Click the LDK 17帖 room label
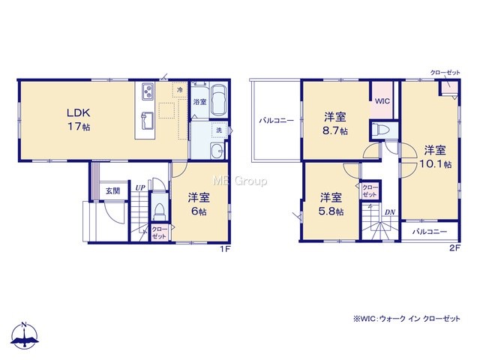(x=79, y=119)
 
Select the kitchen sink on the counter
(x=147, y=120)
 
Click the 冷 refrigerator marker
(x=180, y=90)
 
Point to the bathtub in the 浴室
(x=218, y=100)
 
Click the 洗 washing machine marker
(x=219, y=130)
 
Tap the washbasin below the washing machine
(x=217, y=151)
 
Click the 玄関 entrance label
(x=112, y=191)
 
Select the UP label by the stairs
(x=140, y=188)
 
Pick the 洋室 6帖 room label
(x=199, y=204)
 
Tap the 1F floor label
(x=225, y=249)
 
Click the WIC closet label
(x=382, y=100)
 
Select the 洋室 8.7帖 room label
(x=335, y=123)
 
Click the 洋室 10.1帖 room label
(x=435, y=157)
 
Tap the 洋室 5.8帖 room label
(x=331, y=204)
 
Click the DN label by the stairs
(x=390, y=212)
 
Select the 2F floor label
(x=454, y=248)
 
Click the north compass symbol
(x=25, y=335)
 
